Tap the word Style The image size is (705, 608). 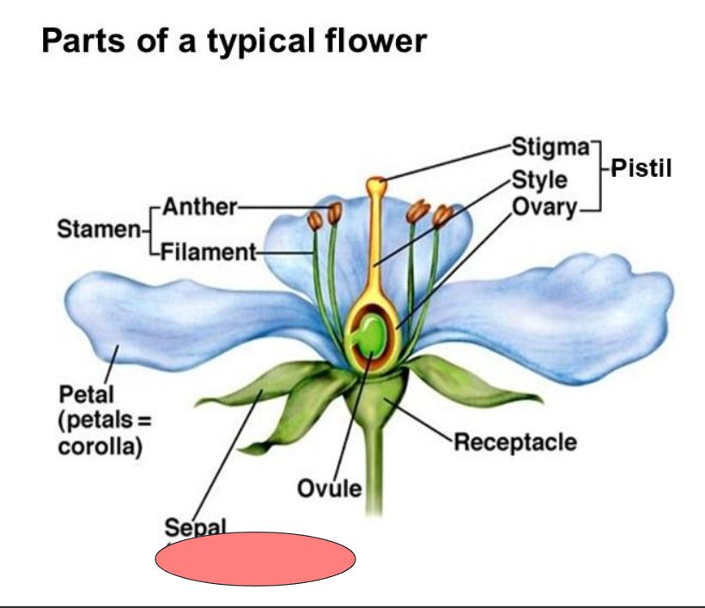539,180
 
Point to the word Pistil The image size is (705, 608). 641,167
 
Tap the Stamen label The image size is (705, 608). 99,229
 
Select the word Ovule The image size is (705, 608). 330,489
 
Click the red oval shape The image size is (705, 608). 255,559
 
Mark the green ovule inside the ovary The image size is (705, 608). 371,336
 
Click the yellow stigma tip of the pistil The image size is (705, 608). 376,184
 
